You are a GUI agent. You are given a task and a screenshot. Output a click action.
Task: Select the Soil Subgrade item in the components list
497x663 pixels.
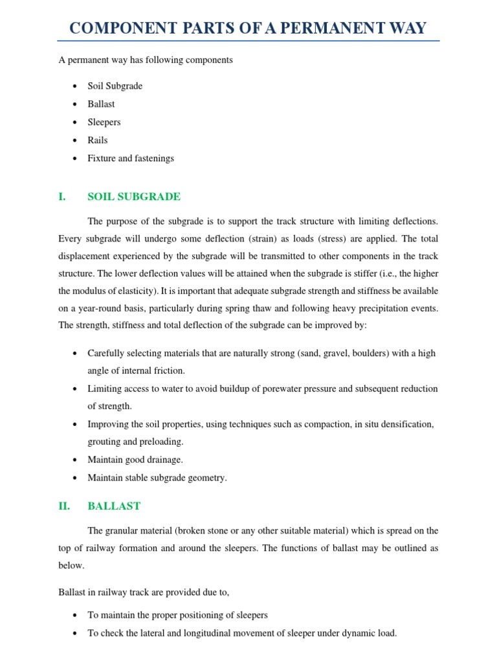[x=115, y=86]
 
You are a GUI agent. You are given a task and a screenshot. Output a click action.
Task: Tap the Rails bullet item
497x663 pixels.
[x=98, y=140]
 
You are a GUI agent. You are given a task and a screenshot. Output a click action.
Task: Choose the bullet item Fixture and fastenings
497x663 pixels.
[x=131, y=158]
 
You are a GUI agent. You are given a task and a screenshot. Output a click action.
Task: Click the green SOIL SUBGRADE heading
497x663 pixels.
[x=134, y=197]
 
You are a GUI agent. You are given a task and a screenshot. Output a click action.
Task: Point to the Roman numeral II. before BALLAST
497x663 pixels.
[x=64, y=506]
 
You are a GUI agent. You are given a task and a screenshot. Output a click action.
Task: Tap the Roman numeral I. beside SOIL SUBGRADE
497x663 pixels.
[x=62, y=197]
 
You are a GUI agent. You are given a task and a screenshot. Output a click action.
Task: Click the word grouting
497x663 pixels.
[x=104, y=442]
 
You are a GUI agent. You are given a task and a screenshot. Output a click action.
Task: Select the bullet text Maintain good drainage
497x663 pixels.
[x=135, y=460]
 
